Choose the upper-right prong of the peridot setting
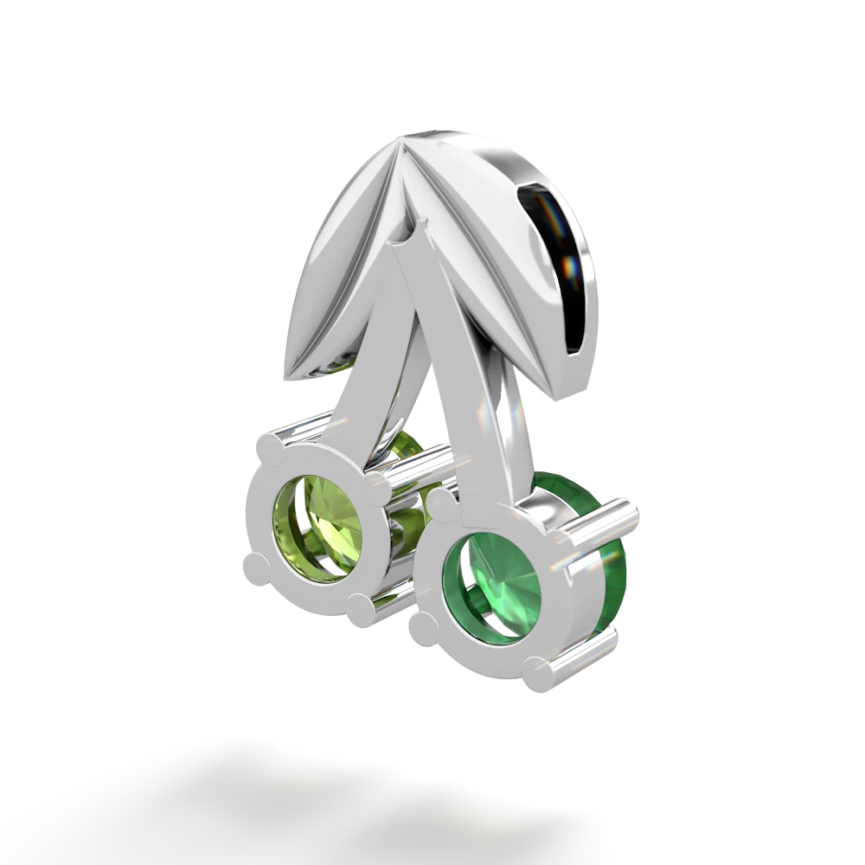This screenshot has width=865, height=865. (x=374, y=474)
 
